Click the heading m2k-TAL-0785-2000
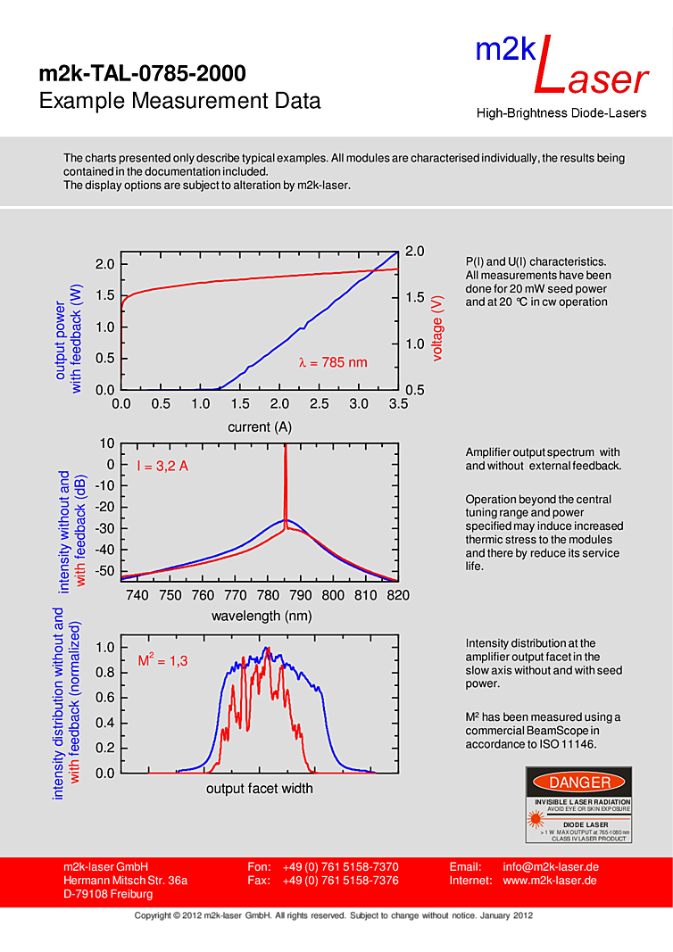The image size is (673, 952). pos(142,73)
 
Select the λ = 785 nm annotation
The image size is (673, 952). pos(333,362)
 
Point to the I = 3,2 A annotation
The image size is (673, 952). pos(162,466)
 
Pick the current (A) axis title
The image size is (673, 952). pos(260,426)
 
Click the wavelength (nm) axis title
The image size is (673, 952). pos(262,616)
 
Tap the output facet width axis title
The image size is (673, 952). pos(260,789)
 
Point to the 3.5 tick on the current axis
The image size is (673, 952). pos(398,403)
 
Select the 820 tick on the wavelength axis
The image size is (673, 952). pos(398,595)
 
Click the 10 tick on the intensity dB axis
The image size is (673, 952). pos(108,443)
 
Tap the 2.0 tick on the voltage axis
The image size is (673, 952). pos(414,252)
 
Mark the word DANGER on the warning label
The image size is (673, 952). pos(580,782)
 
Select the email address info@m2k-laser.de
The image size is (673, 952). pos(550,867)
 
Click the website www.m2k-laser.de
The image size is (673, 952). pos(550,881)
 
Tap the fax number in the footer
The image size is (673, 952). pos(340,881)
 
